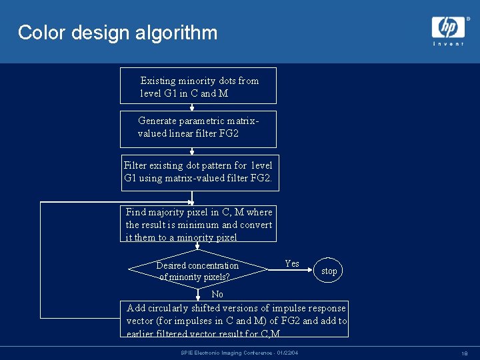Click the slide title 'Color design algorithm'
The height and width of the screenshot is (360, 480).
point(117,33)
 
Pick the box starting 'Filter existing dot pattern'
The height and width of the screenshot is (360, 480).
point(197,173)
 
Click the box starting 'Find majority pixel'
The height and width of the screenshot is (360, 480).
point(199,223)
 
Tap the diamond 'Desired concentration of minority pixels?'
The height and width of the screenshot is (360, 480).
point(197,271)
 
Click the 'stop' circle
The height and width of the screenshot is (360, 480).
point(329,271)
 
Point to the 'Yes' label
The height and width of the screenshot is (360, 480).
point(292,263)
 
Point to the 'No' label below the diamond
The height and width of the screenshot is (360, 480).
point(217,294)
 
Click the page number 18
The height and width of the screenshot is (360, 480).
point(463,353)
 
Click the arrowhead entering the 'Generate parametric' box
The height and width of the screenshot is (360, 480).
point(193,107)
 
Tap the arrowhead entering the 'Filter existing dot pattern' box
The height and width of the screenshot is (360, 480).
point(193,152)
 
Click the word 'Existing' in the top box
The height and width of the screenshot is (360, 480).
point(158,81)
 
